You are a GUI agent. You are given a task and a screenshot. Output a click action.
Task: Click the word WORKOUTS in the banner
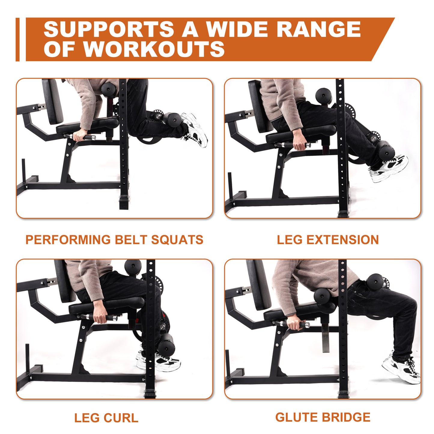[x=154, y=49]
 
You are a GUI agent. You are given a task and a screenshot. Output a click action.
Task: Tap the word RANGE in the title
[x=318, y=29]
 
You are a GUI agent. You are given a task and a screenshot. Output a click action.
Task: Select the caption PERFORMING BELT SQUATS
[x=114, y=240]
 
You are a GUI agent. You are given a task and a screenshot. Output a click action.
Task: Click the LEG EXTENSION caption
[x=328, y=240]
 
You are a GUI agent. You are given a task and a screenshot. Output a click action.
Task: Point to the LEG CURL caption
[x=106, y=418]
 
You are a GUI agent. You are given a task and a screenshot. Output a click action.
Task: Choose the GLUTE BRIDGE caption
[x=323, y=417]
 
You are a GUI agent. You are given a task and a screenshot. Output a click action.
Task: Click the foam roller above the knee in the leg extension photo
[x=324, y=96]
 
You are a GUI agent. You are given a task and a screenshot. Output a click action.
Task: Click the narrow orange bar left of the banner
[x=17, y=39]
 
